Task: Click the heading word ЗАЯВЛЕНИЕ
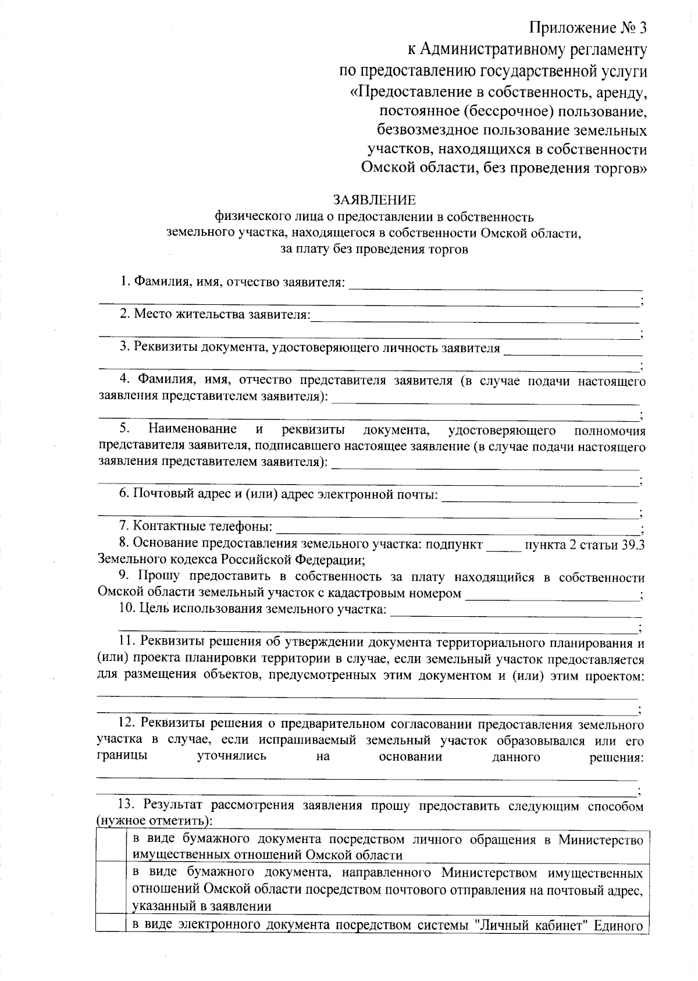374,200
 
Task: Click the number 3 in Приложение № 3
641,28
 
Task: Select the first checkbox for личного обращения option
111,847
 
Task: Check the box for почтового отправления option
111,889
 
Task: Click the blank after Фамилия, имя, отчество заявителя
494,285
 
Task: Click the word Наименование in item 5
193,429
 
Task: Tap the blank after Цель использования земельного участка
515,612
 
